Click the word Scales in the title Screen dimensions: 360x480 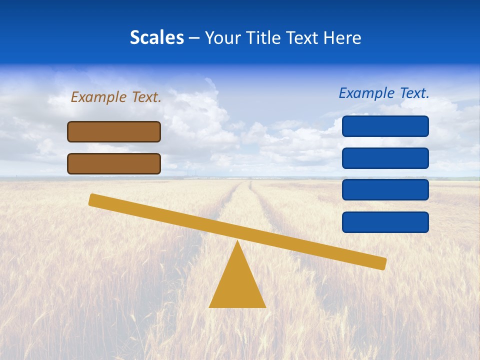156,37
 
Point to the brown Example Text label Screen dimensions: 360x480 116,97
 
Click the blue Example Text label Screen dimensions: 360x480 384,93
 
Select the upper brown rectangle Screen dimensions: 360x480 114,131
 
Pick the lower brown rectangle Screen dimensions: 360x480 114,163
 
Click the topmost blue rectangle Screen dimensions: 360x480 385,126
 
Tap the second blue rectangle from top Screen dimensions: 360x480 385,158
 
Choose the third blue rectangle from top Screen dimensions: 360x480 385,190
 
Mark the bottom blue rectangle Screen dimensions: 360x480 385,222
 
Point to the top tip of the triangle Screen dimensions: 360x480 237,242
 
